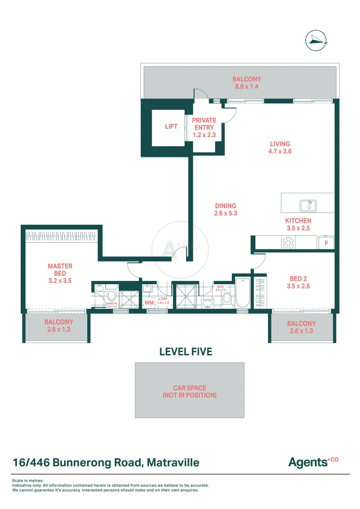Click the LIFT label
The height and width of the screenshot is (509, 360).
tap(171, 126)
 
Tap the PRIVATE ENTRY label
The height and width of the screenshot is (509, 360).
tap(204, 128)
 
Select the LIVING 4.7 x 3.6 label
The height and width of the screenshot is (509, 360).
tap(280, 148)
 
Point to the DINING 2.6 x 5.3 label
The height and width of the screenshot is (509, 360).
tap(226, 209)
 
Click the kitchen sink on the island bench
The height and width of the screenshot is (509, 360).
tap(309, 206)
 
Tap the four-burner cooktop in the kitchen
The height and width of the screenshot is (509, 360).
tap(288, 243)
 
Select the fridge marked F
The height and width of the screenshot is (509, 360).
tap(326, 243)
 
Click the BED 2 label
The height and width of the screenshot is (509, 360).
tap(298, 282)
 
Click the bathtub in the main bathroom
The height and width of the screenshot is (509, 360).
tap(242, 293)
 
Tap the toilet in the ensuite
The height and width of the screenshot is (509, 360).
tap(112, 295)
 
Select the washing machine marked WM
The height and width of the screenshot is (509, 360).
tap(149, 303)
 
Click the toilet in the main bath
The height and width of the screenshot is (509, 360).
tap(227, 297)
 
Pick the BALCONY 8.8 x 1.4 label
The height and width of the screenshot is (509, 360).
tap(246, 83)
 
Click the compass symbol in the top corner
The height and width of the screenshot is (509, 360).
tap(316, 41)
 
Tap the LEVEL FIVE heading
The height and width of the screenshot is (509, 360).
tap(186, 352)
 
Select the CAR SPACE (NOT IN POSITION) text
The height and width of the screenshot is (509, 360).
tap(189, 392)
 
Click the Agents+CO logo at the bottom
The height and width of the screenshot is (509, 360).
tap(313, 462)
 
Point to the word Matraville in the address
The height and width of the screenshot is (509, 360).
tap(173, 462)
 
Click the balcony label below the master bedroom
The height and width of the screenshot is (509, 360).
tap(58, 326)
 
